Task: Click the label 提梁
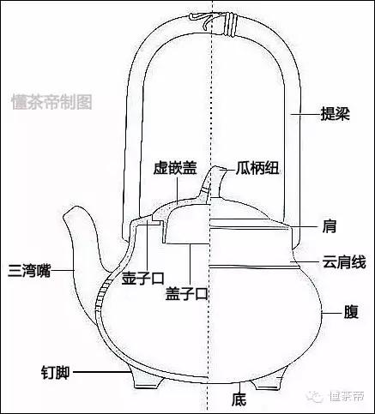(x=336, y=114)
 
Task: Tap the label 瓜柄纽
(x=257, y=168)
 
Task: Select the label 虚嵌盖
(x=175, y=168)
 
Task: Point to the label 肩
(x=330, y=226)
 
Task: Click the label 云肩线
(x=344, y=262)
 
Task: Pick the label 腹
(x=351, y=312)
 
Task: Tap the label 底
(x=239, y=399)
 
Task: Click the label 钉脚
(x=55, y=372)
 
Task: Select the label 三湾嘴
(x=29, y=271)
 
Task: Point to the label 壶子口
(x=142, y=278)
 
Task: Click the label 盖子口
(x=186, y=293)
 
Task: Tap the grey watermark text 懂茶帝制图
(x=51, y=102)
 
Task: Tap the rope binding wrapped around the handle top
(x=230, y=25)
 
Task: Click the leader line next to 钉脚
(x=101, y=372)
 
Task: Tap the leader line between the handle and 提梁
(x=305, y=114)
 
